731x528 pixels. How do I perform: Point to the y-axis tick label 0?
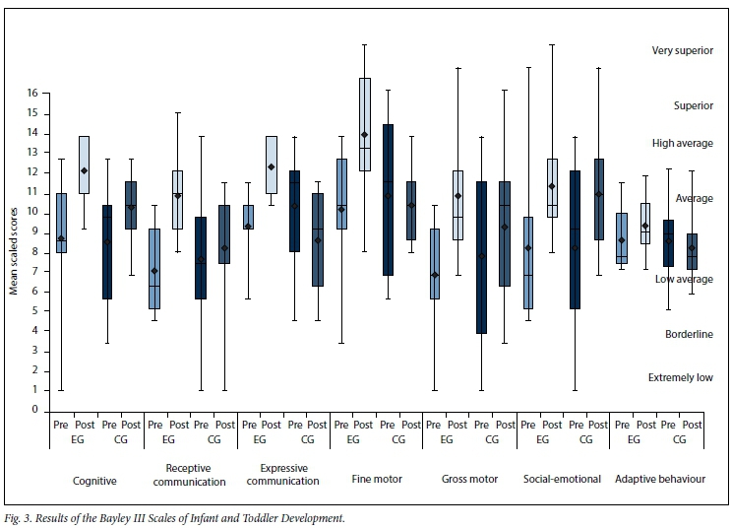pos(34,410)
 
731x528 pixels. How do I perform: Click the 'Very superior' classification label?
pos(682,50)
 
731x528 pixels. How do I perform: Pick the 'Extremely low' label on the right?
pos(681,377)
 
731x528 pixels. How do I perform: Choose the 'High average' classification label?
pos(682,144)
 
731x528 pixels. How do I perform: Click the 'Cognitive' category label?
pos(96,480)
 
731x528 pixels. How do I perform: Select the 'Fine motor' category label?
pos(375,480)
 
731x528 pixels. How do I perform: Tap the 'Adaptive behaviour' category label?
pos(660,480)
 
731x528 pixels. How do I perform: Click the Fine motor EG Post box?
pos(365,124)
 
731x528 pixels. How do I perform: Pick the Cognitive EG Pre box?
pos(61,223)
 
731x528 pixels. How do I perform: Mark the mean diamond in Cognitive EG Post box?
pos(85,170)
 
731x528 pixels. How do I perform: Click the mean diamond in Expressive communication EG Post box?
pos(272,166)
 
